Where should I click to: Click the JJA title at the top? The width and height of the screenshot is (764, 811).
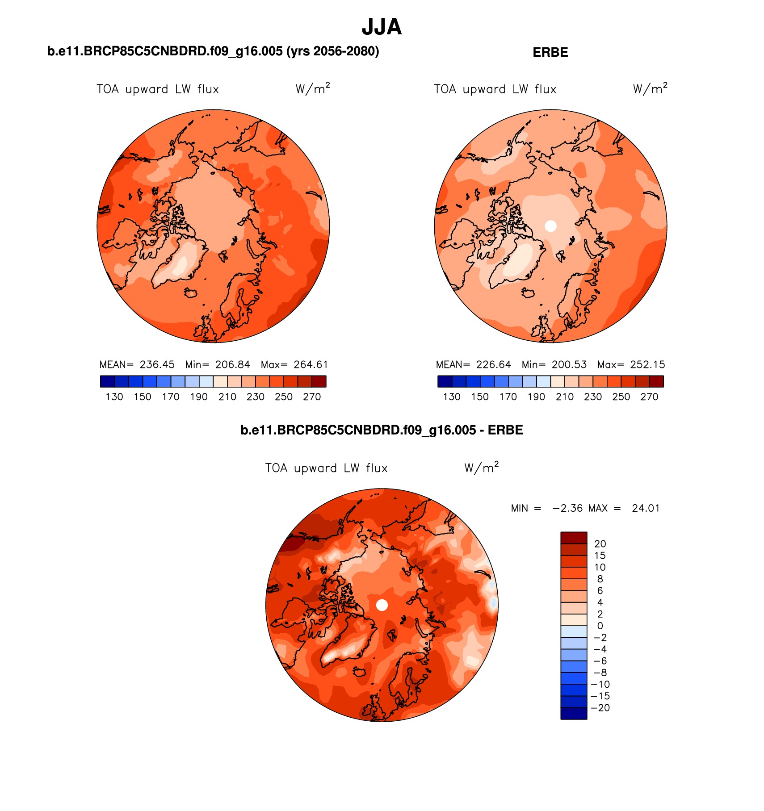(382, 27)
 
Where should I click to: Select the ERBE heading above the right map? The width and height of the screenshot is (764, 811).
(550, 52)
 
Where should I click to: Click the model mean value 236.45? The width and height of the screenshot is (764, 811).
(157, 364)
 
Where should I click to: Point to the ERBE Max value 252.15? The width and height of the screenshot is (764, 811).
(647, 364)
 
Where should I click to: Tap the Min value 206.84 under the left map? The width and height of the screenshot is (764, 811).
(232, 364)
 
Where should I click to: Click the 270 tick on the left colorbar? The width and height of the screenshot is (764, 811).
(312, 397)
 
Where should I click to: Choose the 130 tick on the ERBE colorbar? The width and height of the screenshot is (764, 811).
(452, 397)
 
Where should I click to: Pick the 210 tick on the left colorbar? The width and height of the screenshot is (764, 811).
(227, 397)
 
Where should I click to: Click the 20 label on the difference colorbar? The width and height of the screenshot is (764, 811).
(600, 544)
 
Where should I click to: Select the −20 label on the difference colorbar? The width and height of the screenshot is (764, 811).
(600, 708)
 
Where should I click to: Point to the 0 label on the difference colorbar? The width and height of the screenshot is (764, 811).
(600, 626)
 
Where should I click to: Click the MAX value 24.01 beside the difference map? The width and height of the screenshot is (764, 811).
(646, 508)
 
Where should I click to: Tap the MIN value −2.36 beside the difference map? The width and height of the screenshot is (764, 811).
(567, 508)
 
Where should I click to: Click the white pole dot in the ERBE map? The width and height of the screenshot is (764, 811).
(550, 226)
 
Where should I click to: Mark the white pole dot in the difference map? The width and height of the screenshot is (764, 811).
(382, 605)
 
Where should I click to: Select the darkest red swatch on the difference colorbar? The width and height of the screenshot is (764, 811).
(574, 537)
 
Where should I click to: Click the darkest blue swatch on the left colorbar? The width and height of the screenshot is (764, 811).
(108, 381)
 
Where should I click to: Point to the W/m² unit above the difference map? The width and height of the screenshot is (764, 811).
(481, 468)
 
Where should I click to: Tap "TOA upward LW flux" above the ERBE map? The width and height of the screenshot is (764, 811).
(495, 89)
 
